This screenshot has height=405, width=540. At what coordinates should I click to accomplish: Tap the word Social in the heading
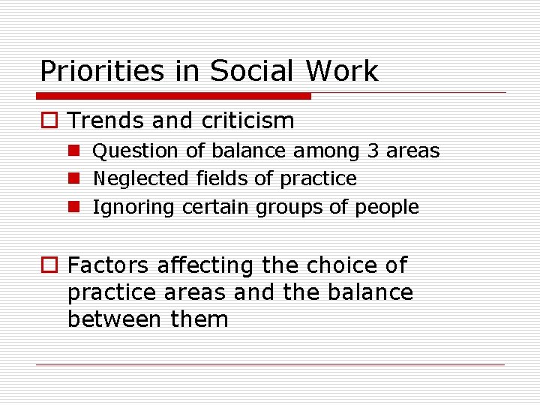point(251,72)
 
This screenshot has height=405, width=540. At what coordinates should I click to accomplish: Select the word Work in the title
point(341,72)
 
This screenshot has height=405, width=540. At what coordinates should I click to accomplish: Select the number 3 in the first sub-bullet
point(373,151)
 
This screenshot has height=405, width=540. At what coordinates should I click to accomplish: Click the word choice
point(337,265)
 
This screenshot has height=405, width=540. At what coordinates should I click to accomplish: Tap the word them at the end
point(199,319)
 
